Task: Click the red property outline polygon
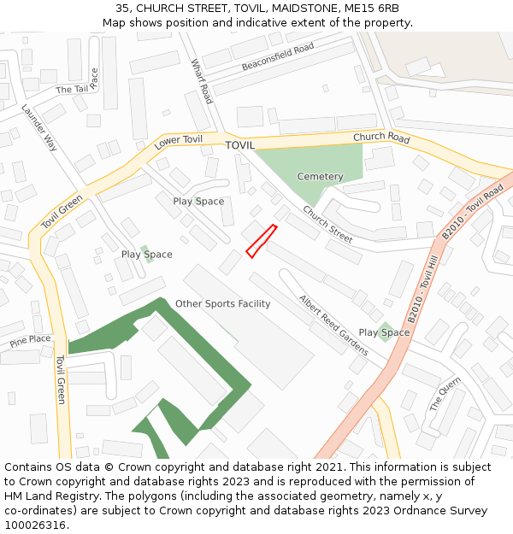(x=262, y=240)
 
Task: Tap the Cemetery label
(x=320, y=177)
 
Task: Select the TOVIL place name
(x=240, y=145)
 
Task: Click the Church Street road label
(x=327, y=225)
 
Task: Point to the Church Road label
(x=381, y=138)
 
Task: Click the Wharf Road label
(x=202, y=81)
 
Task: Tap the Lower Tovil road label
(x=179, y=143)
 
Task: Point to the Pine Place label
(x=31, y=339)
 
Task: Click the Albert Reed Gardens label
(x=333, y=325)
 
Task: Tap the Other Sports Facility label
(x=222, y=304)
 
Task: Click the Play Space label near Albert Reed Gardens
(x=384, y=332)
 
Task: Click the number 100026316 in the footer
(x=35, y=525)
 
